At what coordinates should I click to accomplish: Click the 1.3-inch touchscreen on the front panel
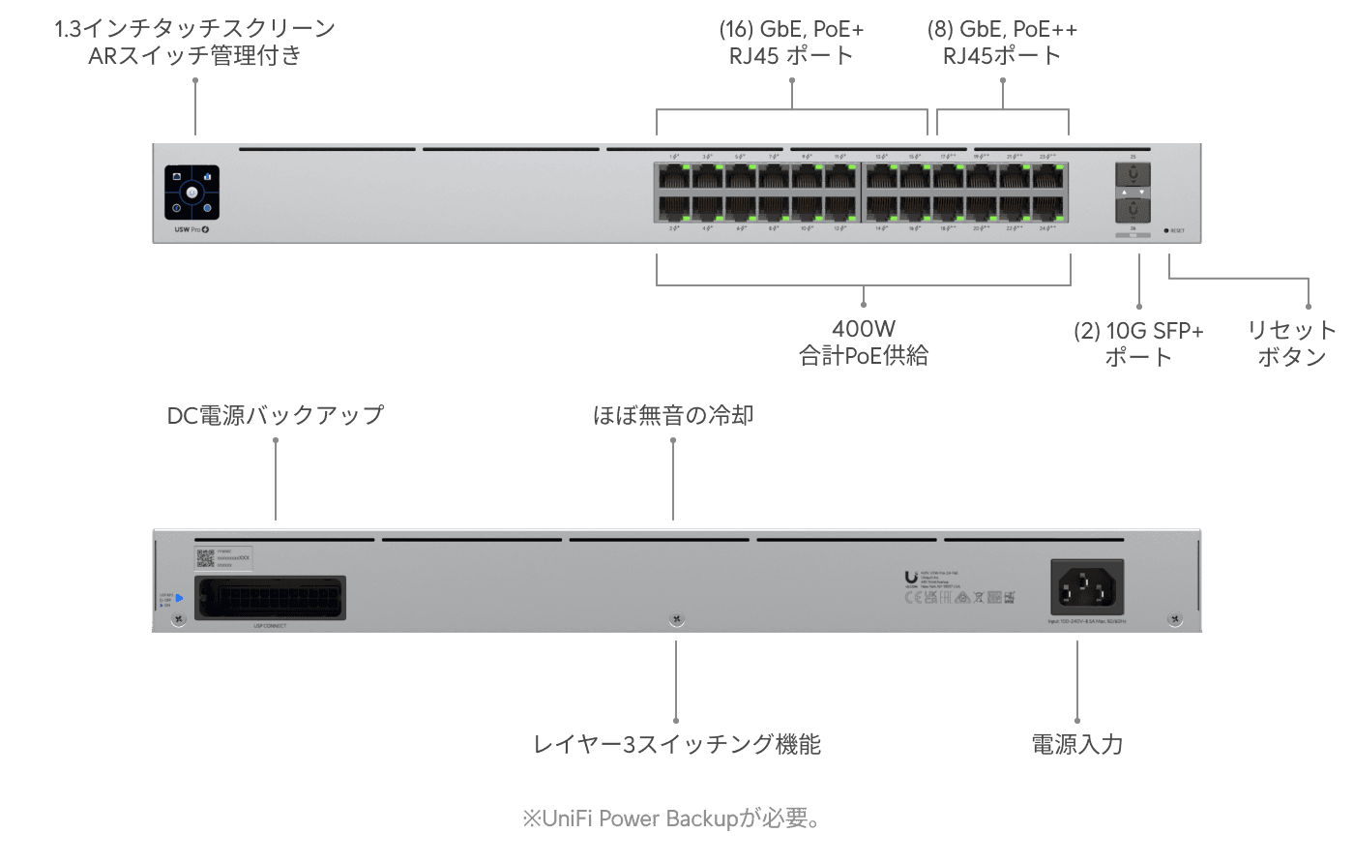point(192,193)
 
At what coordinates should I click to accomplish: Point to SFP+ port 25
point(1132,175)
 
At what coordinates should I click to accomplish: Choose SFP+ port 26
point(1132,210)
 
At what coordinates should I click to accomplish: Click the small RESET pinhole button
point(1166,230)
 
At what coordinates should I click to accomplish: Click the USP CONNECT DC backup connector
point(270,597)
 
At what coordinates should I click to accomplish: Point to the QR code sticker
point(205,557)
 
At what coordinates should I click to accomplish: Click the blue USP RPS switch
point(179,598)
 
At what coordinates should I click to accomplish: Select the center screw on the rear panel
point(676,619)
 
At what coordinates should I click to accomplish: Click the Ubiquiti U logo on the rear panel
point(911,578)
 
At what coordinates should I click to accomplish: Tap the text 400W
point(863,330)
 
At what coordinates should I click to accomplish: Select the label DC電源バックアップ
point(276,415)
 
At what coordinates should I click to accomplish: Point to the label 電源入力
point(1076,744)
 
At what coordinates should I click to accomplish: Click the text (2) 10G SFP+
point(1138,331)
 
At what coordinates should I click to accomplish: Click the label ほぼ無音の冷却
point(673,415)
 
